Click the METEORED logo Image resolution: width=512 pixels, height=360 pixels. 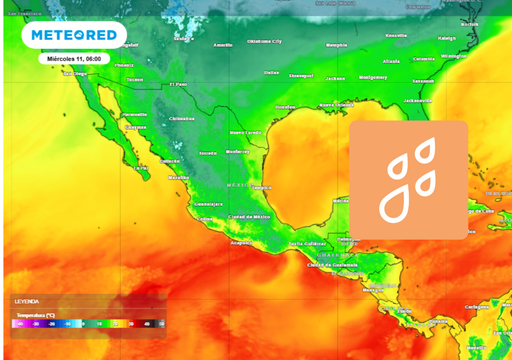[x=73, y=35]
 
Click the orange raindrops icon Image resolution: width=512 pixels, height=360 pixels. [x=408, y=180]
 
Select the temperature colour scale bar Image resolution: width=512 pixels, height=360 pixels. [x=88, y=323]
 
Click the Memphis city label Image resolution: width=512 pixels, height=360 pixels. [x=337, y=45]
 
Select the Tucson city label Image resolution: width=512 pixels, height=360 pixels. [x=133, y=79]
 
